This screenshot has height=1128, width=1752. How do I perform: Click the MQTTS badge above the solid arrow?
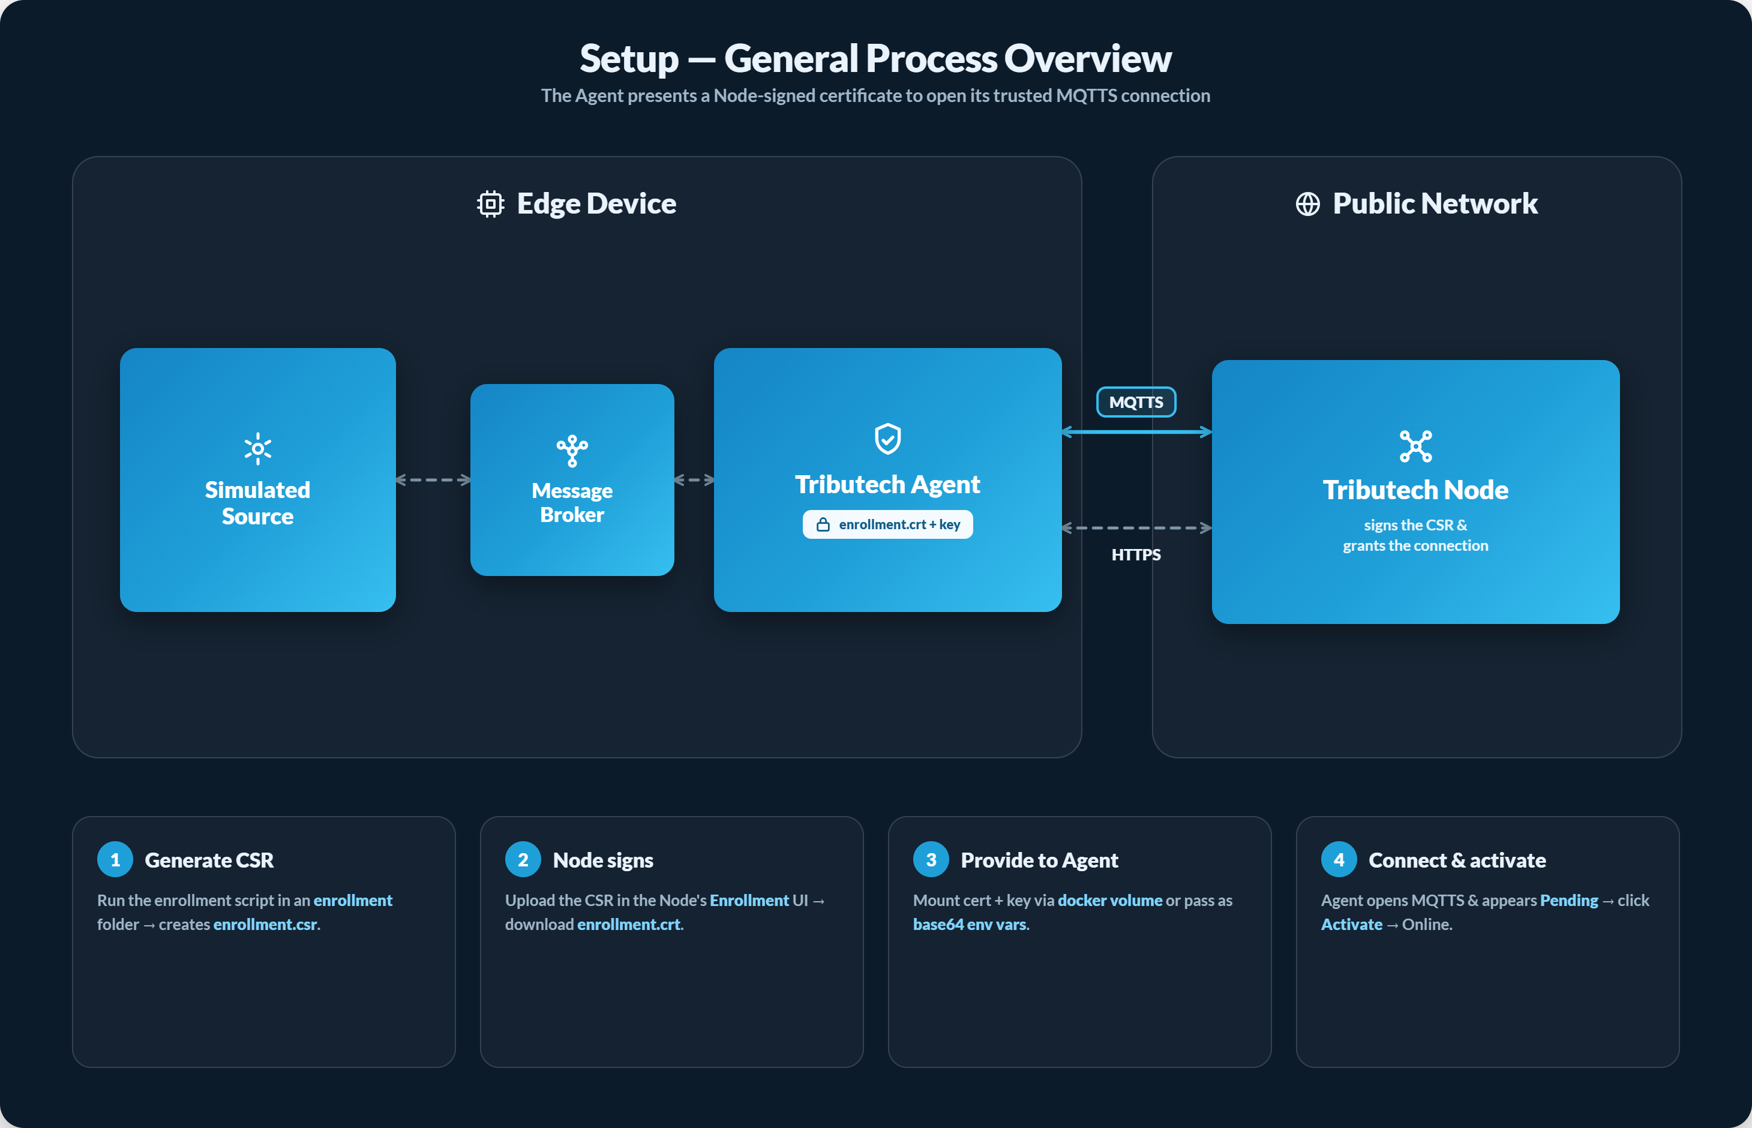point(1136,402)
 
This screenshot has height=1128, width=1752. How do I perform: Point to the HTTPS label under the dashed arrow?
point(1136,554)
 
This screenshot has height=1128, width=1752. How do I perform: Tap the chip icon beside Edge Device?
point(491,203)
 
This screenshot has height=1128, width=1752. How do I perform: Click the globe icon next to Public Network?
point(1307,203)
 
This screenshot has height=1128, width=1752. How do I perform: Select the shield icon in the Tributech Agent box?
point(888,439)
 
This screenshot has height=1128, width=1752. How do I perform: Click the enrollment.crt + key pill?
point(888,524)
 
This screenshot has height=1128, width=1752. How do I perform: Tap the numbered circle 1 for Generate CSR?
point(115,859)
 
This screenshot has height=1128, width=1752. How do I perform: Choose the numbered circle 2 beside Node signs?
point(523,859)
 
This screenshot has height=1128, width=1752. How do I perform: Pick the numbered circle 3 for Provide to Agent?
point(931,859)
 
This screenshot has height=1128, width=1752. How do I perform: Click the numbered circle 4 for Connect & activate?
point(1339,859)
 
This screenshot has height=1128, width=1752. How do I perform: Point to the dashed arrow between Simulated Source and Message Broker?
point(433,480)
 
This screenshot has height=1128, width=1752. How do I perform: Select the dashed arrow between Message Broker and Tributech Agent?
point(694,480)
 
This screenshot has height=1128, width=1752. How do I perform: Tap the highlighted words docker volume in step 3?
point(1109,900)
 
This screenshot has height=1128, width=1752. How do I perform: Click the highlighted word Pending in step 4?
point(1569,900)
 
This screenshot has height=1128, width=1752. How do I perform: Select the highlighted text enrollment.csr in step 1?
point(265,925)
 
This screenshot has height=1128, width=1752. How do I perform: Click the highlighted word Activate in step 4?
point(1351,925)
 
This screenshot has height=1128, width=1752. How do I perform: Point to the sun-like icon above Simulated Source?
point(258,448)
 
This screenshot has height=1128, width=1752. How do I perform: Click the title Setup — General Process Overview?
point(875,59)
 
